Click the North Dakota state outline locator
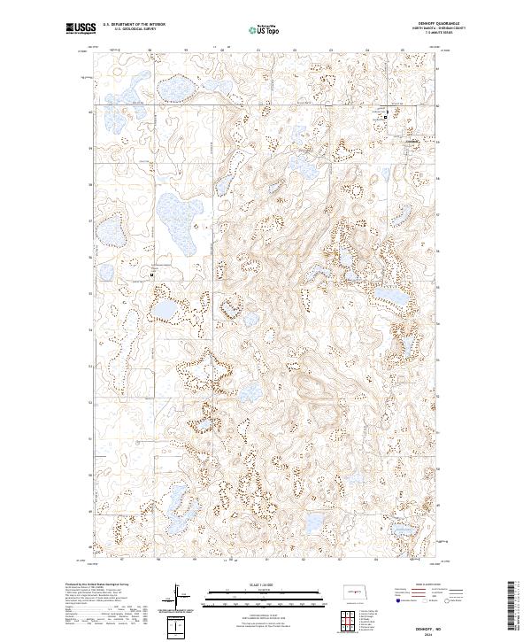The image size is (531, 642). coord(351,591)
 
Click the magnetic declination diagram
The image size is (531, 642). coord(181,595)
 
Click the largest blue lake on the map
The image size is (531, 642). coord(179,221)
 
